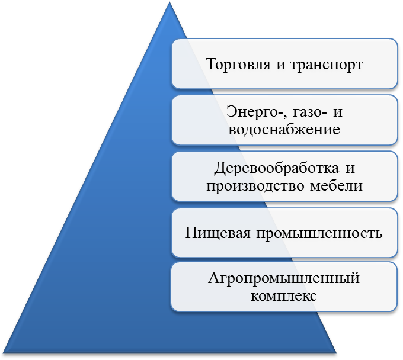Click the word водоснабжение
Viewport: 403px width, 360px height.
(x=284, y=129)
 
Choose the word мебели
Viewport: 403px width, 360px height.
(x=335, y=186)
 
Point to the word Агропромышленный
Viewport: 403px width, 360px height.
(x=284, y=278)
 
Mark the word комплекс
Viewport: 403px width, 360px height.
(x=284, y=295)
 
